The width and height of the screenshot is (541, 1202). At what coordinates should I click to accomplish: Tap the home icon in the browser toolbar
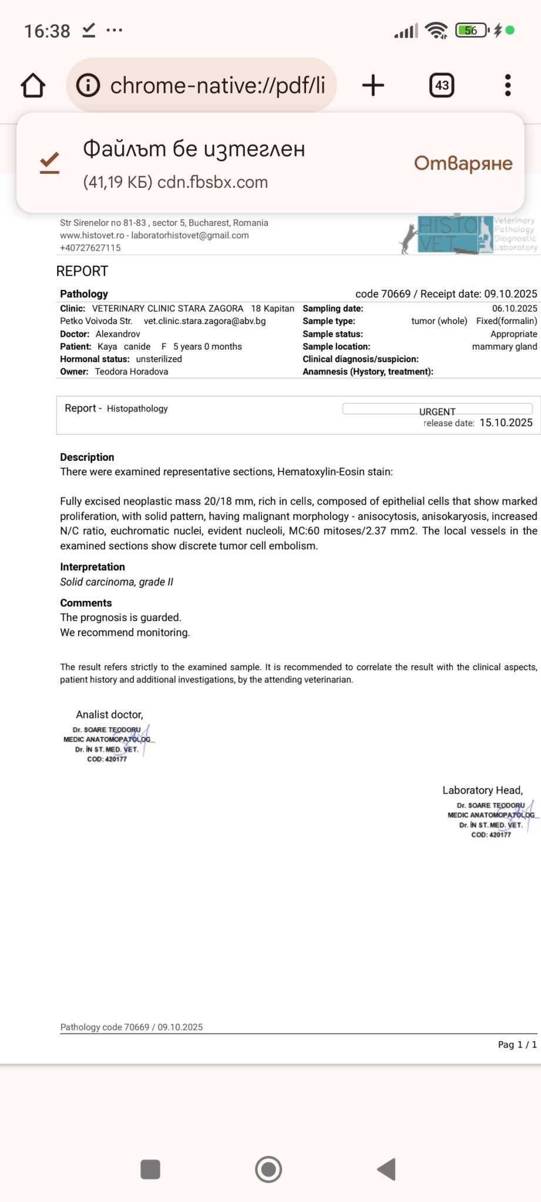[33, 86]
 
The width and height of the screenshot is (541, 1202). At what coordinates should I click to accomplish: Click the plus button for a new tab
[373, 86]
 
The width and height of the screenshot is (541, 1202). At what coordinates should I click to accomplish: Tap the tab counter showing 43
[442, 86]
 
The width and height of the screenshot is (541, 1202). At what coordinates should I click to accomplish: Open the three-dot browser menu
[508, 86]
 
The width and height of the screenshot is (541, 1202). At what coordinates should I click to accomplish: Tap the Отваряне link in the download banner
[463, 163]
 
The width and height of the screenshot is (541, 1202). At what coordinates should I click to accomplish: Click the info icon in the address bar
[88, 86]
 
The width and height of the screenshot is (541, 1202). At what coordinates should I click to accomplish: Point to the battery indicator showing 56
[471, 31]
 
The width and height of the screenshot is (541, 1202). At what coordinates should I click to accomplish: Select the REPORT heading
[82, 271]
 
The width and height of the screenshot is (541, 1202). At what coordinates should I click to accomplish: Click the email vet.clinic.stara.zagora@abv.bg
[204, 321]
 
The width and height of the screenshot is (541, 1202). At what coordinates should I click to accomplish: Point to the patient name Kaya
[107, 346]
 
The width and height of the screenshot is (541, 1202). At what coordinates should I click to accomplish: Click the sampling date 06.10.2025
[515, 308]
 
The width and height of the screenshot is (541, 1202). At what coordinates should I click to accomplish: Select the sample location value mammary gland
[504, 346]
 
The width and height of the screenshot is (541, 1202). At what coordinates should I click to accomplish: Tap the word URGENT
[437, 411]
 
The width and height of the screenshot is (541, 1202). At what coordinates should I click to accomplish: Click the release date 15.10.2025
[506, 423]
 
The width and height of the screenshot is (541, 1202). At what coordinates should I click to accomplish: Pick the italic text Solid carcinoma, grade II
[116, 582]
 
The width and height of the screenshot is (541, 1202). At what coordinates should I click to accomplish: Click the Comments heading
[86, 603]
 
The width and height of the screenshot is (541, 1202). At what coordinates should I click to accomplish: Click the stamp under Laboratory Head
[492, 819]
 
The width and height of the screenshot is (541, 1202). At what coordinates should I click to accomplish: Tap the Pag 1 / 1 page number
[517, 1045]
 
